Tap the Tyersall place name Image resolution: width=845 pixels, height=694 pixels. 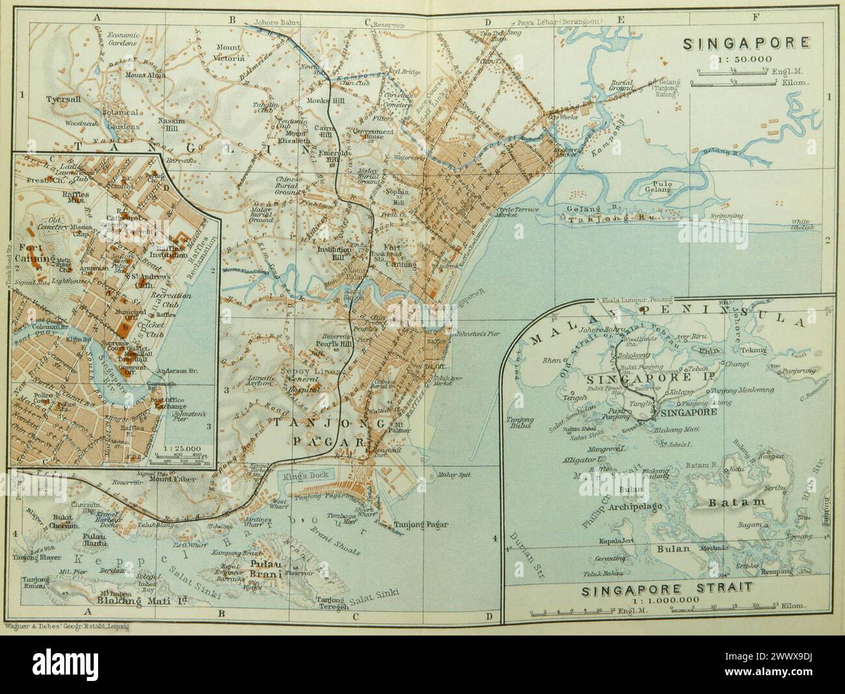coord(62,99)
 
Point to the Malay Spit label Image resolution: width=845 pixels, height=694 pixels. coord(453,474)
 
